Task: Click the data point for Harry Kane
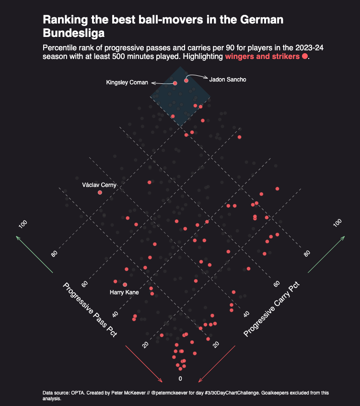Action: pos(125,285)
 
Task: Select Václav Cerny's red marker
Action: pos(100,192)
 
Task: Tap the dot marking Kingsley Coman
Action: pos(175,83)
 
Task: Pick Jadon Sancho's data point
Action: pos(186,81)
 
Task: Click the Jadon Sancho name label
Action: pos(228,80)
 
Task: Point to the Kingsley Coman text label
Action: pos(127,83)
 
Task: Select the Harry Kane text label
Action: pos(124,292)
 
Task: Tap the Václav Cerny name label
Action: pos(99,185)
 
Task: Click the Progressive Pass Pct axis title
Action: pos(90,310)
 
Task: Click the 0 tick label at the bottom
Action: pos(180,379)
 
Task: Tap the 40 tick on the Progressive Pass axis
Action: pos(115,314)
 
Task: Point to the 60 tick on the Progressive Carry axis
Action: pos(277,284)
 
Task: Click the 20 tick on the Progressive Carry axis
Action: pos(216,344)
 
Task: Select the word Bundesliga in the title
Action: pos(74,34)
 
